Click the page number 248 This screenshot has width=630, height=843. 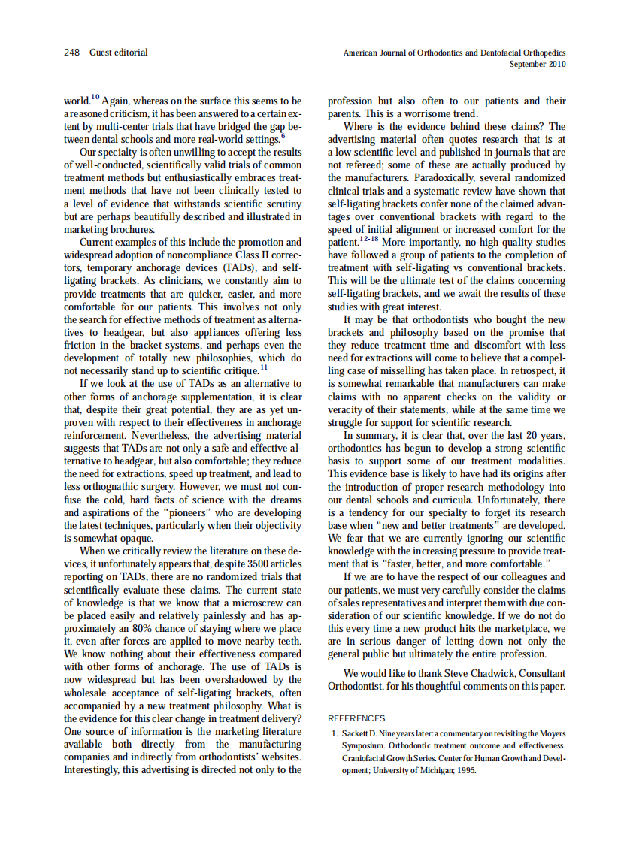point(72,53)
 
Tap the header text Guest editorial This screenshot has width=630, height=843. point(119,53)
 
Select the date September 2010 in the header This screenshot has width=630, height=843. point(537,65)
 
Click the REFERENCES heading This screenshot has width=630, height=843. point(356,718)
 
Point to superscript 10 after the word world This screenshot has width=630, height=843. point(95,97)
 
